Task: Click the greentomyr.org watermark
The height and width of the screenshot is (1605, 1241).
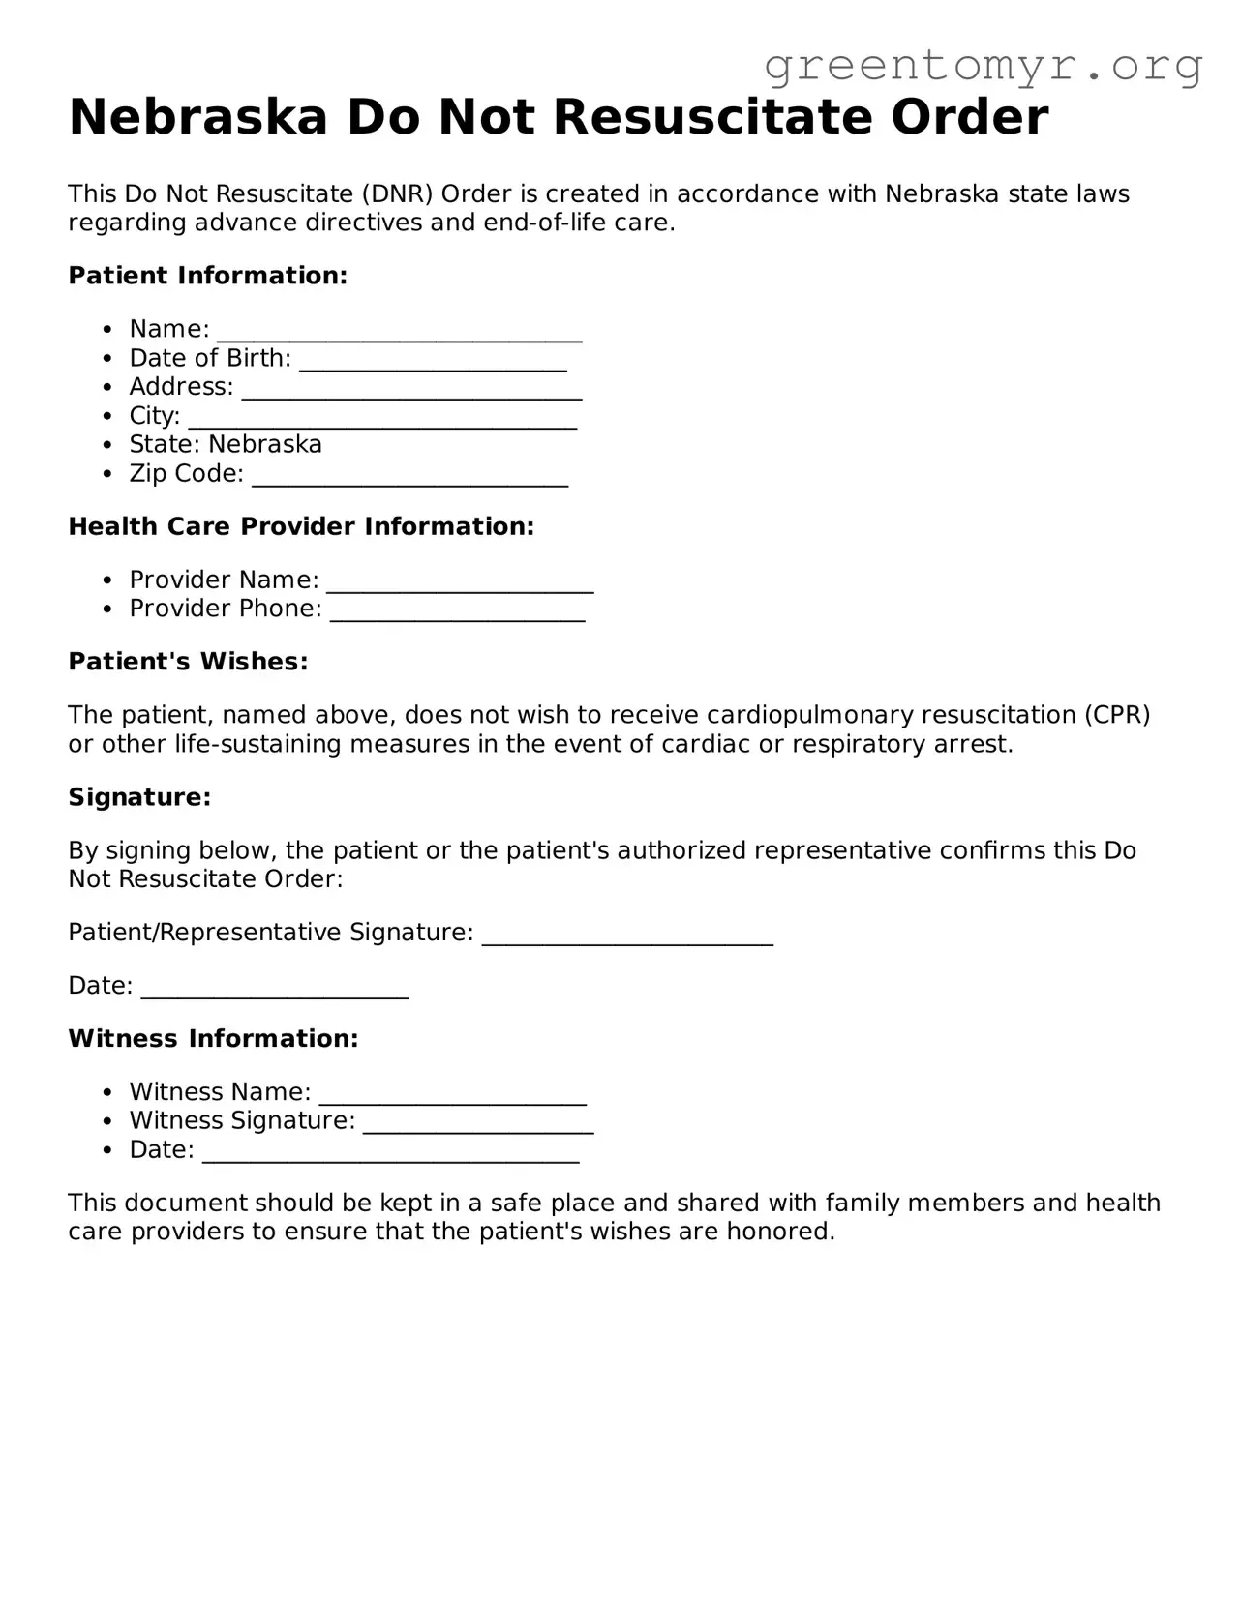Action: pos(984,66)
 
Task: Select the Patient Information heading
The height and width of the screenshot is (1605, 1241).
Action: pos(207,276)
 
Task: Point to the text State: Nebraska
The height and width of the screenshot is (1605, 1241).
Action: pos(226,444)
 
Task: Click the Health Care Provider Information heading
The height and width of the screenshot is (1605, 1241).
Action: pos(301,526)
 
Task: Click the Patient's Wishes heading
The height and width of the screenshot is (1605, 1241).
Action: pos(188,662)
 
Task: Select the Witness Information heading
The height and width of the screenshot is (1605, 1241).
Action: pos(213,1039)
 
